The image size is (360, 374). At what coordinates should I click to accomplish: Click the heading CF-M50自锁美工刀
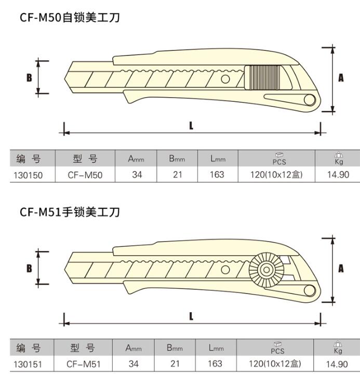(x=70, y=18)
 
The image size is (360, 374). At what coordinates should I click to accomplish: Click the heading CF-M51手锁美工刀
(x=70, y=212)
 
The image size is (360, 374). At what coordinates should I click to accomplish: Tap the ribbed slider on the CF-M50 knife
(x=265, y=77)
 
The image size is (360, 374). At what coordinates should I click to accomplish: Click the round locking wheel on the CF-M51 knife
(x=266, y=270)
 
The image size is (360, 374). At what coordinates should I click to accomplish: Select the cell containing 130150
(x=28, y=176)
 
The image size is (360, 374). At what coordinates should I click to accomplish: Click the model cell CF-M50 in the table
(x=85, y=175)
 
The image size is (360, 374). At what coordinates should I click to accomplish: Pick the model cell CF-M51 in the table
(x=84, y=364)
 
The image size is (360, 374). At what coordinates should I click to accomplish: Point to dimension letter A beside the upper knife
(x=341, y=77)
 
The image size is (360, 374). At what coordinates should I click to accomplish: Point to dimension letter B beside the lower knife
(x=29, y=269)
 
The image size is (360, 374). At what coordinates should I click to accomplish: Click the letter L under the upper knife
(x=191, y=126)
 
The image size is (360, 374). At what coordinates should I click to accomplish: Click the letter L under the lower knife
(x=191, y=316)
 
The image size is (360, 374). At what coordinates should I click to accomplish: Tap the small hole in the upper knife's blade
(x=225, y=79)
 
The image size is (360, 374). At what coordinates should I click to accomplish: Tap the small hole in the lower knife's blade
(x=225, y=270)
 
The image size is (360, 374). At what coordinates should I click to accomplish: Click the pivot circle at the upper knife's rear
(x=310, y=100)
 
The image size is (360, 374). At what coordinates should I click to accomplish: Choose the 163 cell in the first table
(x=217, y=175)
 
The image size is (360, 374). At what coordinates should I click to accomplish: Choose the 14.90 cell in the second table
(x=337, y=364)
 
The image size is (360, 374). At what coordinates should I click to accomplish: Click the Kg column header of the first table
(x=339, y=158)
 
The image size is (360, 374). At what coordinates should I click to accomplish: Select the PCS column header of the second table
(x=277, y=348)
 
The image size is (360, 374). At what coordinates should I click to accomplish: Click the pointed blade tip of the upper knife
(x=64, y=78)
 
